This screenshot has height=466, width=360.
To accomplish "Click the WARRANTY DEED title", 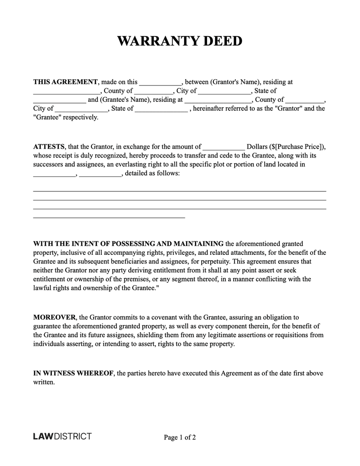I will [x=180, y=41].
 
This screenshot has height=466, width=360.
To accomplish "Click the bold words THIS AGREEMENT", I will [x=65, y=82].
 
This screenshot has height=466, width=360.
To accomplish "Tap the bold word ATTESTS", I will [x=49, y=146].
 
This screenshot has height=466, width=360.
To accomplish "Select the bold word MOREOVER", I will [x=55, y=317].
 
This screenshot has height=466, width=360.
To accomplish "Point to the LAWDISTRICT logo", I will [x=62, y=436].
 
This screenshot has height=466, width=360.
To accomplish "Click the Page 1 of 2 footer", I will [x=180, y=437].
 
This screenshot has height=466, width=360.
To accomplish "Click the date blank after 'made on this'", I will [x=160, y=83].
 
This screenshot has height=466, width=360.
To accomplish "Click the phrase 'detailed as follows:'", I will [x=152, y=173].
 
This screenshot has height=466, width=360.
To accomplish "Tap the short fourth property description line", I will [x=109, y=217].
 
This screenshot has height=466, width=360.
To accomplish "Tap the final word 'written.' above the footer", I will [x=44, y=382].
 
